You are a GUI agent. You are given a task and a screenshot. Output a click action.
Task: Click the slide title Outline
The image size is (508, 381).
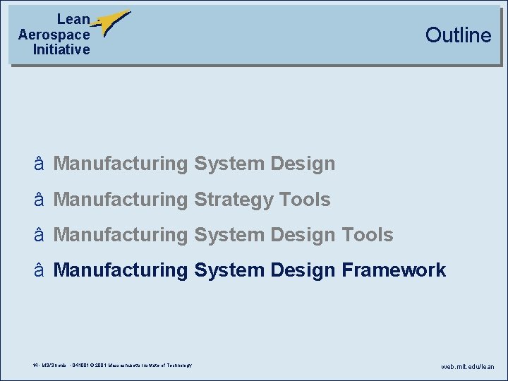point(458,35)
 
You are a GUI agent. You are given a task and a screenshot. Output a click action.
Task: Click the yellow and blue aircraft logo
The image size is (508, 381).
point(111,23)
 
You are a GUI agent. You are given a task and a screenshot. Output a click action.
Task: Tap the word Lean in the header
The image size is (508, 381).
point(73,20)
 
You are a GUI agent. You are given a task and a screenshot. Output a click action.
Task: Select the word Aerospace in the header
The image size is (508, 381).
point(54,35)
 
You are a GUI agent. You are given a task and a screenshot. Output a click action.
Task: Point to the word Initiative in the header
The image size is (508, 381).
point(61,49)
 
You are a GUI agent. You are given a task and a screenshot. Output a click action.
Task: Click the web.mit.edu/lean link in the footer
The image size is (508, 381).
point(468,366)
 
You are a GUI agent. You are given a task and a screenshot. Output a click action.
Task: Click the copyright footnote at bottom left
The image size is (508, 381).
point(111,365)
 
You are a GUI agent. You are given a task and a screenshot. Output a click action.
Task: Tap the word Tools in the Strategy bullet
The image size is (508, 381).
point(305,200)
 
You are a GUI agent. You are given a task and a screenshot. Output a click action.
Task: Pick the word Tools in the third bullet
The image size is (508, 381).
point(368,234)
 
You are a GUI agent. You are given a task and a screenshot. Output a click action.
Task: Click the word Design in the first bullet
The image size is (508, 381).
point(303,164)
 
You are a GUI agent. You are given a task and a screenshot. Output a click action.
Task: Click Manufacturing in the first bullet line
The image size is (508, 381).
point(121,164)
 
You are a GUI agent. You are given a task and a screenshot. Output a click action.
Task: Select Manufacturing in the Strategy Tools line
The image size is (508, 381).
point(121,200)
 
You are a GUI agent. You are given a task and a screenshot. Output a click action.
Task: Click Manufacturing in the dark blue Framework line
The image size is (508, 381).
point(121,270)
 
